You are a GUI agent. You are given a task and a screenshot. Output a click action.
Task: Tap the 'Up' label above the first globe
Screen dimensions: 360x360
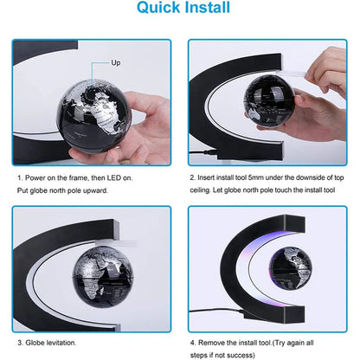pyautogui.click(x=116, y=63)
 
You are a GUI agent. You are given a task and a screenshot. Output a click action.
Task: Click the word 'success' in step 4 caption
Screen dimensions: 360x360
pyautogui.click(x=244, y=343)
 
